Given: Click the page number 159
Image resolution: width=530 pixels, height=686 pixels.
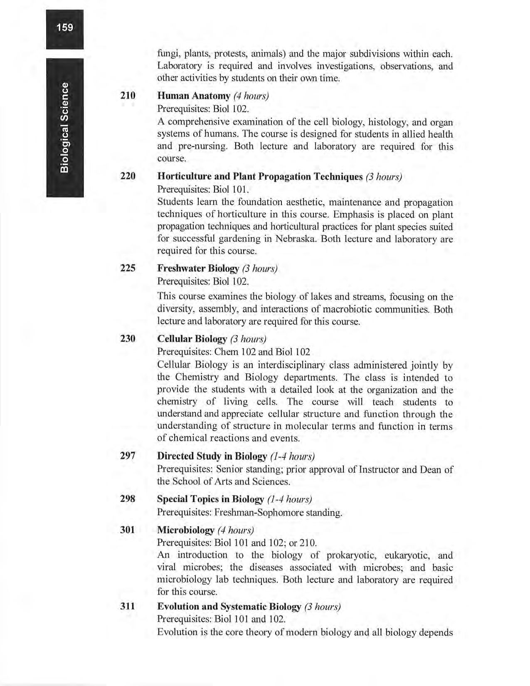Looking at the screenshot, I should pos(65,28).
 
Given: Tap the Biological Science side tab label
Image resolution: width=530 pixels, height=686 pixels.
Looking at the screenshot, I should pos(64,127).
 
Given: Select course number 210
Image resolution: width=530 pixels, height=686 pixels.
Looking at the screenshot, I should pos(128,96).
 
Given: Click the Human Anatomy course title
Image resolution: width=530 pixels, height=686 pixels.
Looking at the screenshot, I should pos(194,96).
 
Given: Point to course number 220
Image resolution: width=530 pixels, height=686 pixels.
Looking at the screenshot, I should pos(128,176).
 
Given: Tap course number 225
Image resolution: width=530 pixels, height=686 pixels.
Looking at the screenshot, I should pos(128,268).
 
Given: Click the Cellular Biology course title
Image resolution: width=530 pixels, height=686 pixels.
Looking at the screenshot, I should pos(192,339).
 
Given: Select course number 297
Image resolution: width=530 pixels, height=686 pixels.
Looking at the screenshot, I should pos(128,456).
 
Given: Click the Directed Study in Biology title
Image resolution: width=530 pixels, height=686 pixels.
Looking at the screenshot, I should pos(212,457).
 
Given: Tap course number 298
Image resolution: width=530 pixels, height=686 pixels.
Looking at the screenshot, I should pos(128,498).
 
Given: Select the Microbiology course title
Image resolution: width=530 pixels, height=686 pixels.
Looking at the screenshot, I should pos(185,531).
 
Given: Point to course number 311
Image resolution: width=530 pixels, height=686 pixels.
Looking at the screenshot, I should pos(128,607).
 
